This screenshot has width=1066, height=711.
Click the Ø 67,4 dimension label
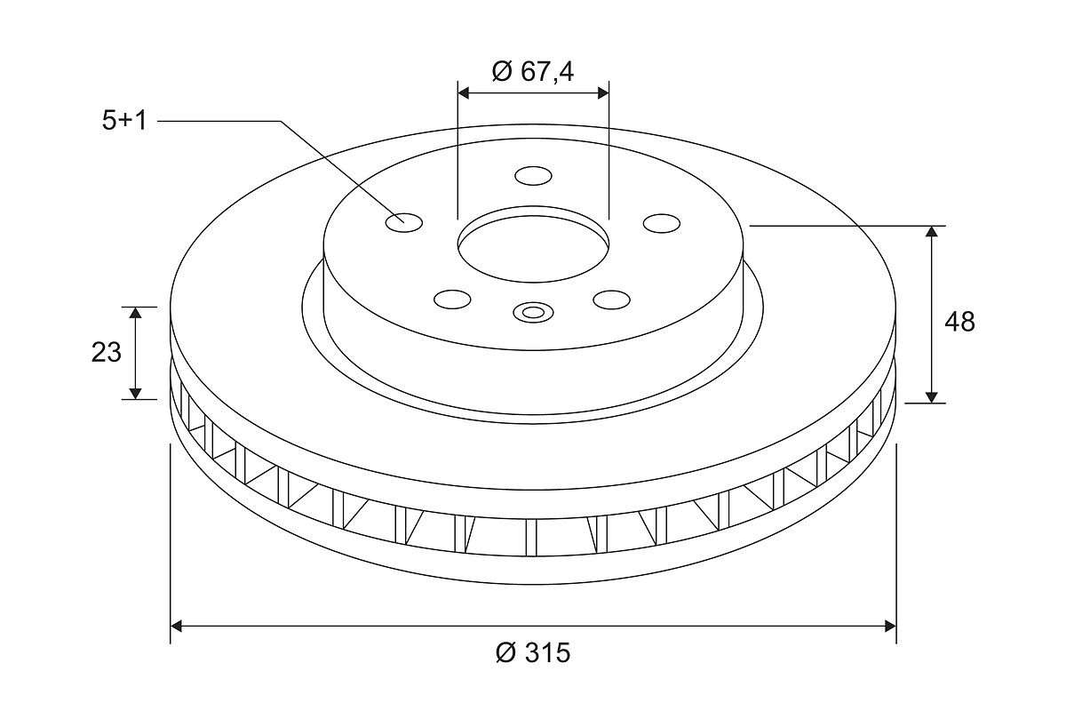(533, 72)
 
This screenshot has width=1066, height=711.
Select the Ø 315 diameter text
(532, 652)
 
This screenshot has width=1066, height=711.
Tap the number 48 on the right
(960, 322)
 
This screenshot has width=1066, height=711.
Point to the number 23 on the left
(106, 353)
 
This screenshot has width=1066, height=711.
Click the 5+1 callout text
(124, 121)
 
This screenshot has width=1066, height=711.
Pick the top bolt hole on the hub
(534, 176)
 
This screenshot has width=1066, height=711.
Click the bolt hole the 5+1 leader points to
(404, 223)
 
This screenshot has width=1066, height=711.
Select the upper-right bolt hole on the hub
(662, 223)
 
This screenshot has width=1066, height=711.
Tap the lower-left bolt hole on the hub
(452, 300)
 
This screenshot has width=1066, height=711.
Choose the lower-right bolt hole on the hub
(611, 300)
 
